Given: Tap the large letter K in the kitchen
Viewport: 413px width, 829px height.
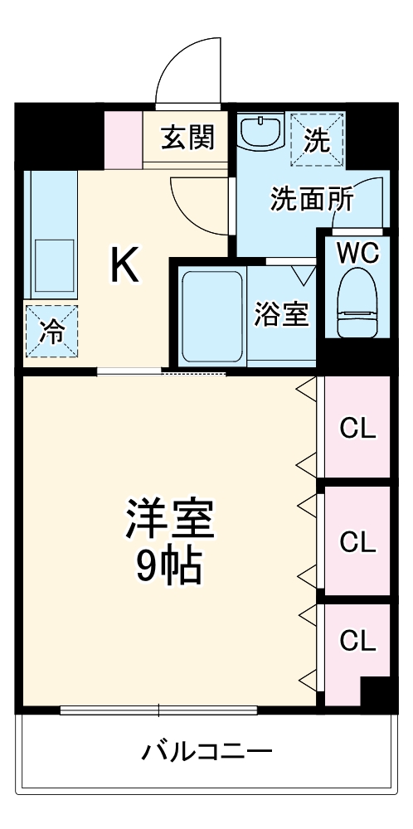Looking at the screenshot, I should click(124, 266).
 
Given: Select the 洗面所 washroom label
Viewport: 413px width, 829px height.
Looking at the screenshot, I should click(312, 200).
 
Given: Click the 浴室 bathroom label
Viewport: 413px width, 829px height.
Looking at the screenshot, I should click(281, 315).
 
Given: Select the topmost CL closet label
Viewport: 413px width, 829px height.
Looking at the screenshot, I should click(357, 429).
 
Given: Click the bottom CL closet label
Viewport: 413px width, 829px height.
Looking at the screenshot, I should click(357, 640).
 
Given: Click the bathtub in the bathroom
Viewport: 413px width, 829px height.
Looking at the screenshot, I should click(211, 317).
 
